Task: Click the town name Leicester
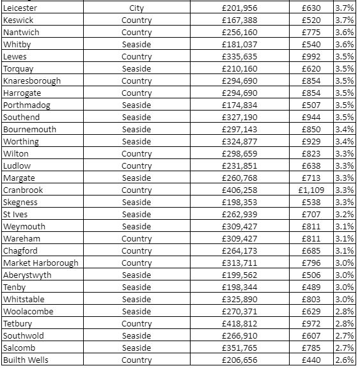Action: click(20, 8)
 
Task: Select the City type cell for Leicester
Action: click(136, 8)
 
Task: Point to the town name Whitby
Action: click(17, 45)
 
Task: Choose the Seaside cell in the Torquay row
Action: click(136, 69)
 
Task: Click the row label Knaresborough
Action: click(32, 81)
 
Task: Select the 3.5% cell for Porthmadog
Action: click(344, 105)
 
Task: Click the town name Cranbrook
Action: click(24, 190)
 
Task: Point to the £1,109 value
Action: click(312, 190)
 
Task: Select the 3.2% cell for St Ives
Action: click(344, 214)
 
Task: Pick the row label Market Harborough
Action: click(41, 263)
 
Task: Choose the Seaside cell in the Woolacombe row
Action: click(136, 311)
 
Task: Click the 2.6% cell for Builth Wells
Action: click(344, 360)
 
